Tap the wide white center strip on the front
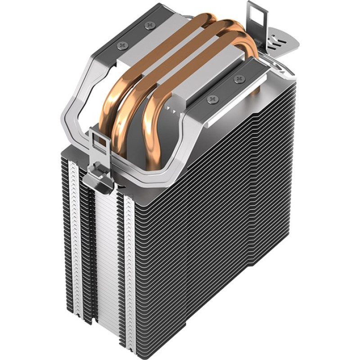click(106, 252)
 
